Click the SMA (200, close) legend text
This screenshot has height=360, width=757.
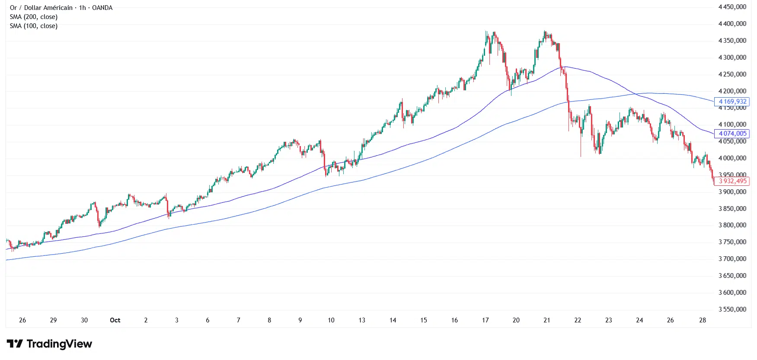[x=34, y=17]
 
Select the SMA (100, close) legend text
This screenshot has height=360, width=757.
[x=34, y=26]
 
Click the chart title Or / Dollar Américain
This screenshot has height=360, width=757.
[x=41, y=8]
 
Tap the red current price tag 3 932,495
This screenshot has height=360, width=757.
[x=732, y=181]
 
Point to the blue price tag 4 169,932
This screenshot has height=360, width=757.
[x=732, y=102]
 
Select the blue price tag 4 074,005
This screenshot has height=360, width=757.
[x=732, y=134]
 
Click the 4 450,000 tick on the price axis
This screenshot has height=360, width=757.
[x=732, y=7]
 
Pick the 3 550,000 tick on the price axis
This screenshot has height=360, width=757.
[x=732, y=309]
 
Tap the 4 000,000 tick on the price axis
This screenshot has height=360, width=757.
[x=732, y=158]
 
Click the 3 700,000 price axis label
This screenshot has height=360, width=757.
[x=732, y=259]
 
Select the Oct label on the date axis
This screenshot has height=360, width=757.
[x=115, y=320]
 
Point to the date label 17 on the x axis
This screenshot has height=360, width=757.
[x=485, y=320]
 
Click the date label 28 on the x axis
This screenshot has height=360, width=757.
[x=703, y=320]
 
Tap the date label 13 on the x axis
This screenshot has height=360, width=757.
[x=362, y=320]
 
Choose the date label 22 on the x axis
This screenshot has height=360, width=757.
[x=578, y=320]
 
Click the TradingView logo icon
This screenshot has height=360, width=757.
[x=15, y=344]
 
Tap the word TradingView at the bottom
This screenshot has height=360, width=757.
[x=59, y=344]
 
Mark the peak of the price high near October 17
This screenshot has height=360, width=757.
[x=486, y=31]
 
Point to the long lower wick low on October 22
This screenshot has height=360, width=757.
[x=581, y=156]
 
